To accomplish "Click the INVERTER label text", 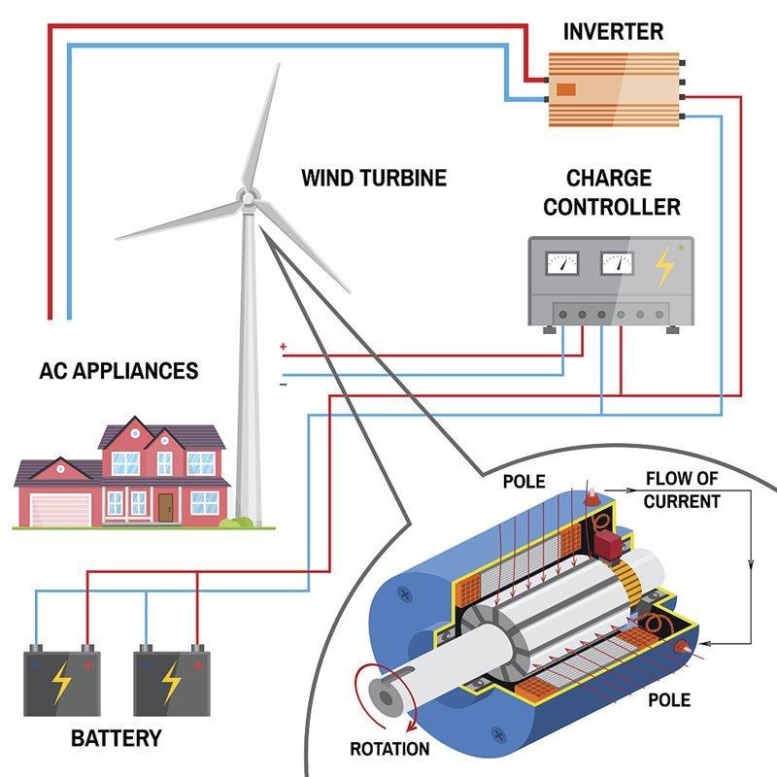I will pos(613,31).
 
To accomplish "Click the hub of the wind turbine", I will pos(247,198).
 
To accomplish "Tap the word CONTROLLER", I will pos(611,207).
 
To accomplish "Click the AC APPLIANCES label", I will pos(118,371).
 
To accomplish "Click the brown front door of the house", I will pos(166,506).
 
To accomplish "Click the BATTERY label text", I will pos(116,738).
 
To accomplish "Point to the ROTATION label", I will pos(389,749).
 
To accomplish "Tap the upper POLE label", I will pos(524,482).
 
